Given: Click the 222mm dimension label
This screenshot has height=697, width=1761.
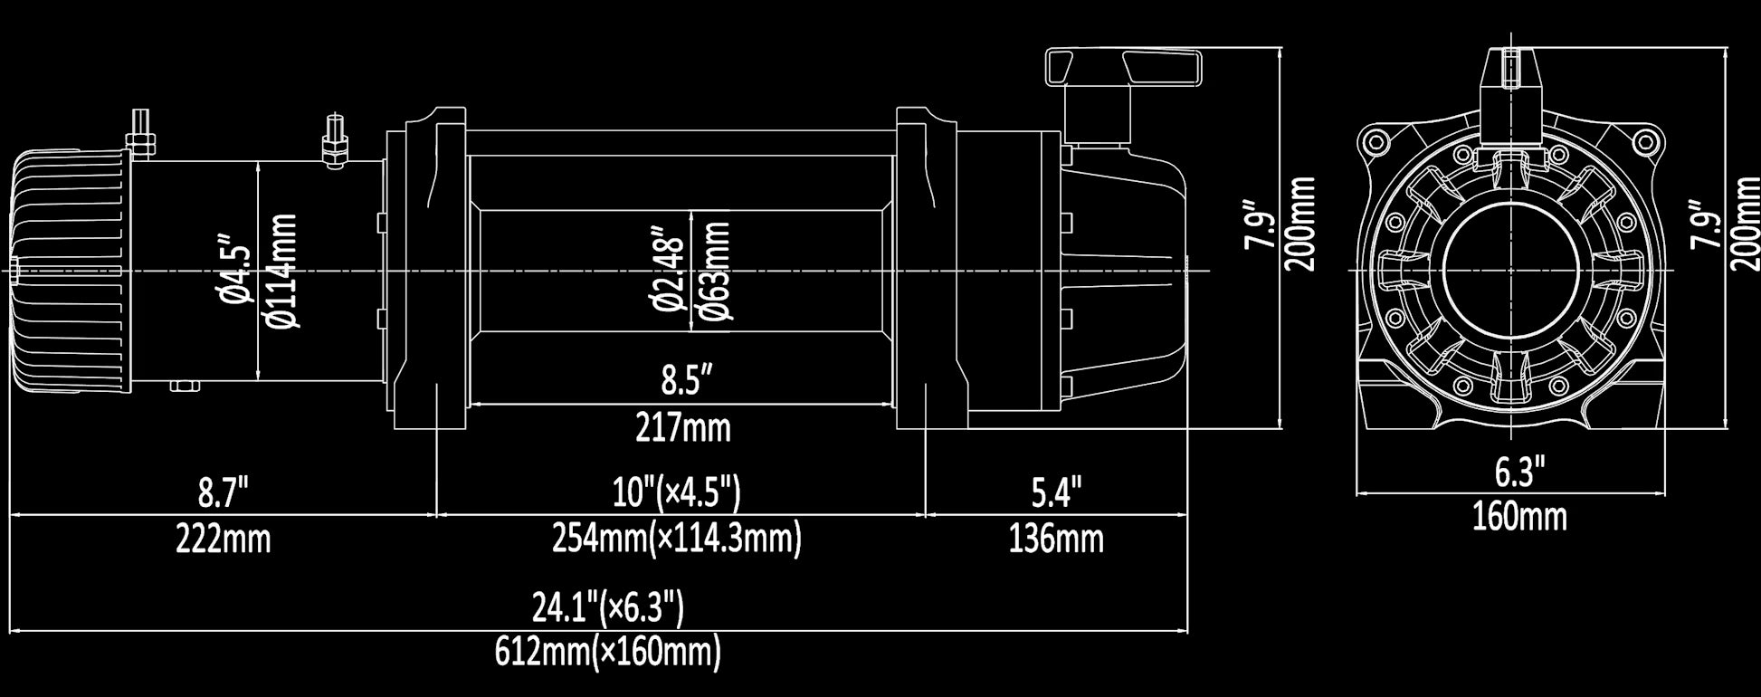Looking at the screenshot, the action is point(223,539).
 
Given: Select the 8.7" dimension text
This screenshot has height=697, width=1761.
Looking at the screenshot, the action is point(223,493).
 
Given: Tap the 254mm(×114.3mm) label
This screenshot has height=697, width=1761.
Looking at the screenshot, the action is point(677,539).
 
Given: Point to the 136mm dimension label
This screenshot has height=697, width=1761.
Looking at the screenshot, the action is point(1056,539).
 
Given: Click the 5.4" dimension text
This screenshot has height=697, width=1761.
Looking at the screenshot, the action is point(1056,493).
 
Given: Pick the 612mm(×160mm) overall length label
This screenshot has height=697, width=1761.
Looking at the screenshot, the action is point(607,652).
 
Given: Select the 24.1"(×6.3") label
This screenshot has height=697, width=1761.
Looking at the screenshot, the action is point(607,607).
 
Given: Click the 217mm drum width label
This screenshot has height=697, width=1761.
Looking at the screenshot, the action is point(682,427).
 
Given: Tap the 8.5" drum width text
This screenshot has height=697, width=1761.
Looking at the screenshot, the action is point(682,381).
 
